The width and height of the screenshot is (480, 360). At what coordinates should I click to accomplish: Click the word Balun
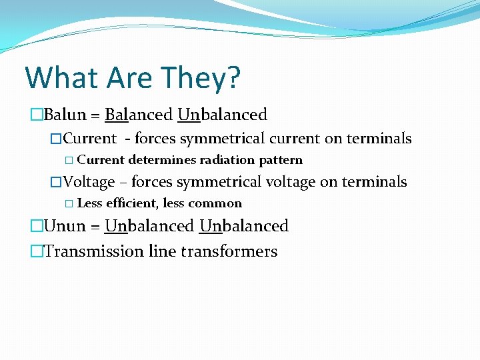point(65,115)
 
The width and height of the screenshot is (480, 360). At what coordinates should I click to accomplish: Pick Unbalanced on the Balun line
point(223,115)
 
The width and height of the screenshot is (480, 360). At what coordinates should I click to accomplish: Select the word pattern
point(281,161)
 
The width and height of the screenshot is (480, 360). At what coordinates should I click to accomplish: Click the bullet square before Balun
point(36,115)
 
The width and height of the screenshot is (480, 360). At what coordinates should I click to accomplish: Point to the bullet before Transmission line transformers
point(36,252)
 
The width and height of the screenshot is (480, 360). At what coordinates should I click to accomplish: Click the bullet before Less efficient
point(70,204)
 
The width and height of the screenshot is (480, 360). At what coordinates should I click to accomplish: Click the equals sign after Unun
point(95,227)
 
